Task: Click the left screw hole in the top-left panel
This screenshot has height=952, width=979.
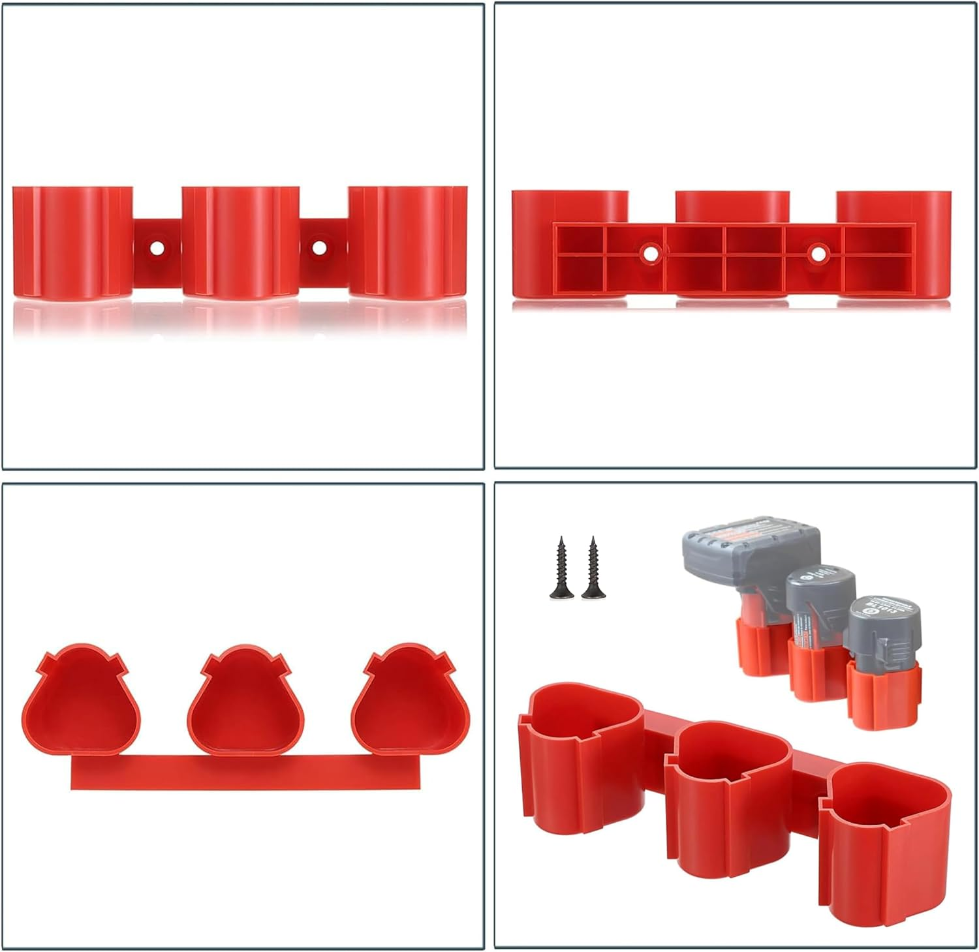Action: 157,248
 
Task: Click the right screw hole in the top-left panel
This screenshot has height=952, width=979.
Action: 319,248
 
